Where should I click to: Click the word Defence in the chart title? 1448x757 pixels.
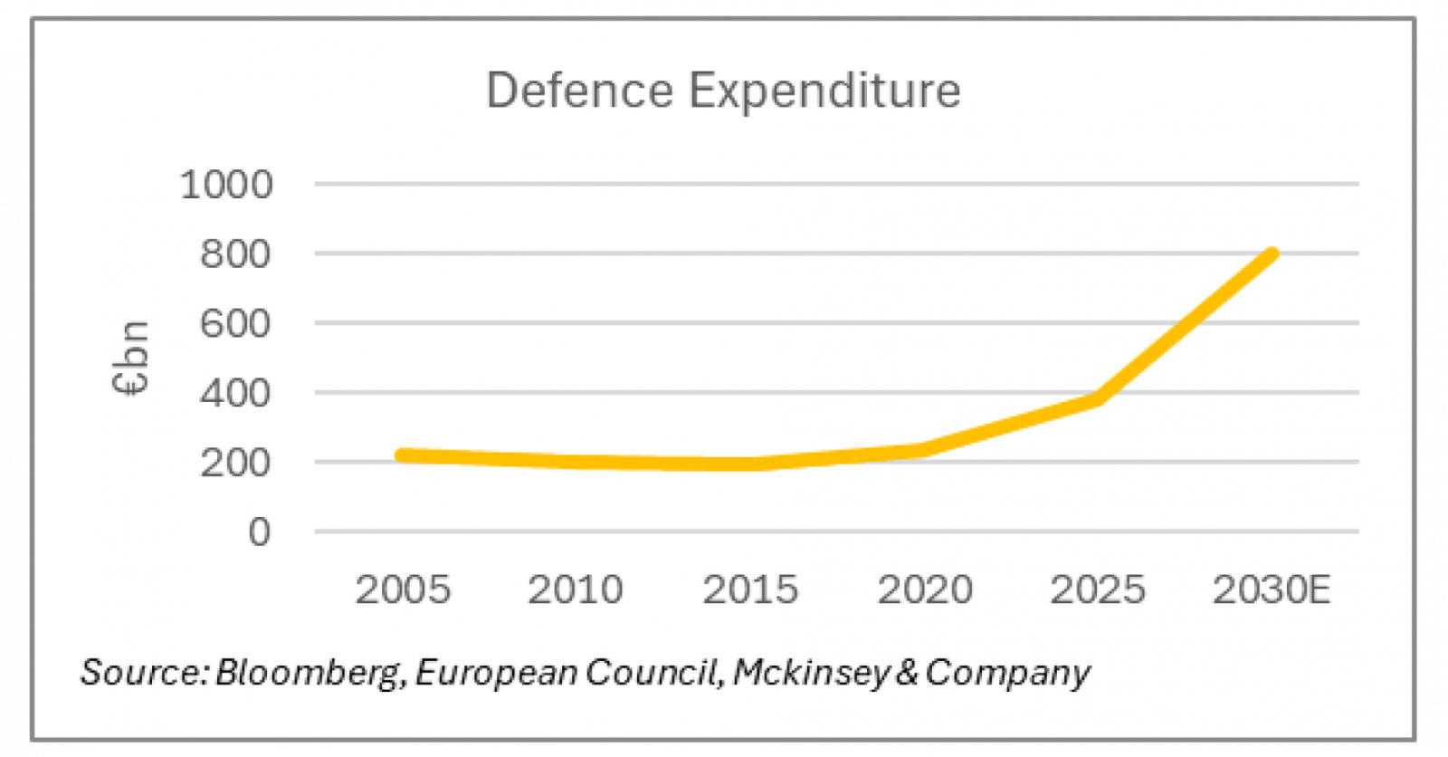click(x=580, y=91)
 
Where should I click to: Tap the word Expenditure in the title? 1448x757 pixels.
click(x=824, y=91)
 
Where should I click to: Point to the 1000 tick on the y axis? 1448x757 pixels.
click(x=226, y=185)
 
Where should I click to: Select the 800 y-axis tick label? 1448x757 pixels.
click(x=235, y=254)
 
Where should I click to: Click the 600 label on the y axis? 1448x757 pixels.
click(x=235, y=323)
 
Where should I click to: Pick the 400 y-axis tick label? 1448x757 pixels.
click(x=235, y=393)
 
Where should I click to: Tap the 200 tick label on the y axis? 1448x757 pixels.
click(x=235, y=463)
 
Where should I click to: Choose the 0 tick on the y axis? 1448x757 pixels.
click(x=260, y=532)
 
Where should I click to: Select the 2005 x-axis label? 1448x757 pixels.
click(x=403, y=590)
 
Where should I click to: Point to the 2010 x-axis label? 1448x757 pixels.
click(x=576, y=590)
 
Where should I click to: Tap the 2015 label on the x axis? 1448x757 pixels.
click(x=750, y=590)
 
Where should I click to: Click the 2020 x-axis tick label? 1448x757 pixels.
click(x=925, y=590)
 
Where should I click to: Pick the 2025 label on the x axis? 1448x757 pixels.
click(x=1098, y=590)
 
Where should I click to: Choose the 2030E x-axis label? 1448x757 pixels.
click(x=1272, y=590)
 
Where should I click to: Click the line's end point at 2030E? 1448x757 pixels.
click(x=1272, y=254)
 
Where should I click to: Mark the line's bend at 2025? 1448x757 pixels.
click(x=1098, y=398)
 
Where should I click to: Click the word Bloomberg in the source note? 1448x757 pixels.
click(x=309, y=673)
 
